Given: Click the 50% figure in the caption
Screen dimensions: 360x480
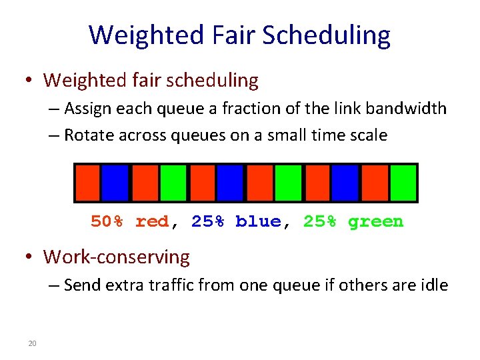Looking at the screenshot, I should tap(107, 221).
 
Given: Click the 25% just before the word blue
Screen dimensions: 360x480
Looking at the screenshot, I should tap(207, 221).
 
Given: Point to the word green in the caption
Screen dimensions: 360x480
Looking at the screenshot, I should tap(375, 221).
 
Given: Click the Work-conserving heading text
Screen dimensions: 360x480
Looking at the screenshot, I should tap(117, 257).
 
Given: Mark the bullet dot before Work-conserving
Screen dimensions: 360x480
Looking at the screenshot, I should tap(29, 257).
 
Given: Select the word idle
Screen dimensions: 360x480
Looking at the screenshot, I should tap(433, 285).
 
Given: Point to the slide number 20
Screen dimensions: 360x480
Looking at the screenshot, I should tap(31, 343).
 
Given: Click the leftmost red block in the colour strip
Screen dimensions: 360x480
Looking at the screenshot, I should tap(87, 183).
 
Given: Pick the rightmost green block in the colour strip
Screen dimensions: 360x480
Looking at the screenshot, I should tap(403, 183).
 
